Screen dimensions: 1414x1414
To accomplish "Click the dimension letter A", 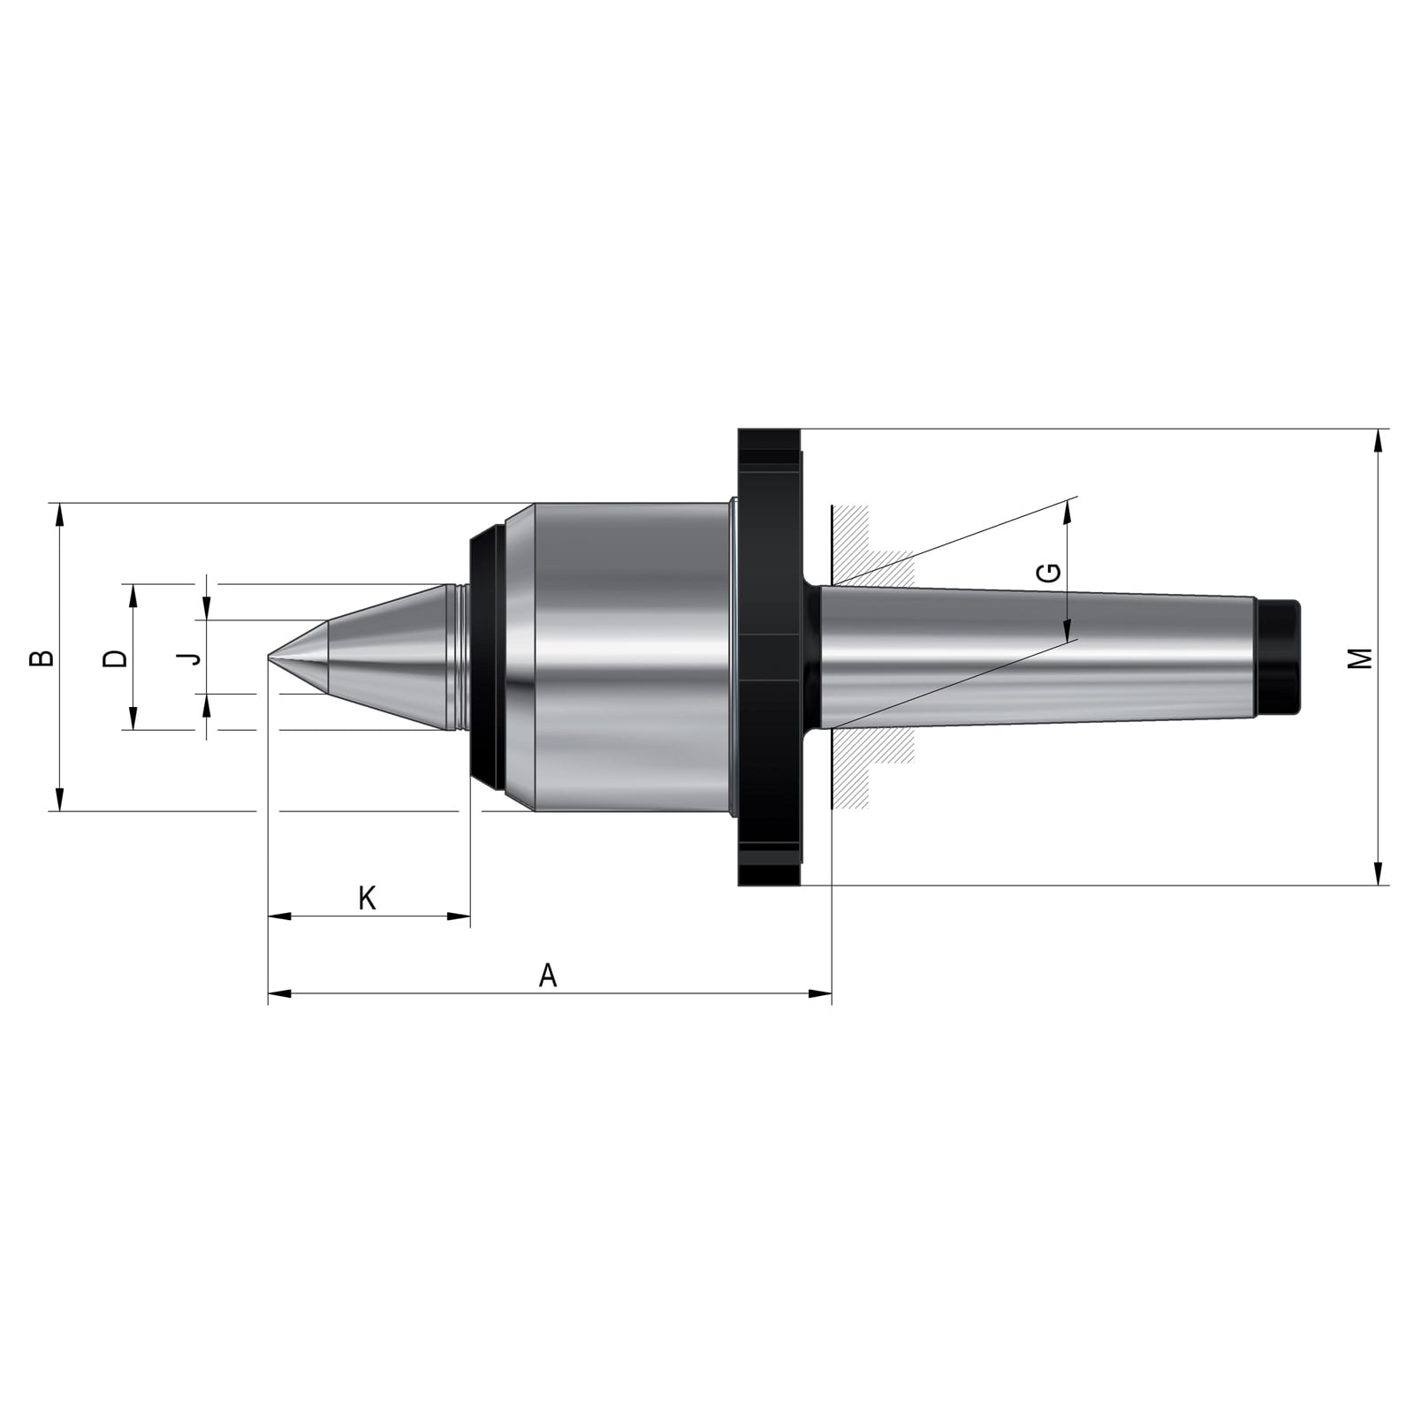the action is tap(548, 976).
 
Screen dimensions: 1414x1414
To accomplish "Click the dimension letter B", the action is tap(42, 658).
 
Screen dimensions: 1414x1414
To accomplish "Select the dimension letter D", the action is tap(116, 658).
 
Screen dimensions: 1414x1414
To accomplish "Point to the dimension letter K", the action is tap(368, 898).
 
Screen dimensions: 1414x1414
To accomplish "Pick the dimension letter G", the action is tap(1049, 573).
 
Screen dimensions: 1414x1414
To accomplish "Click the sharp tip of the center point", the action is tap(269, 657).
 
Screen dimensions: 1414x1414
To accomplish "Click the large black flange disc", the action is tap(770, 657).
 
